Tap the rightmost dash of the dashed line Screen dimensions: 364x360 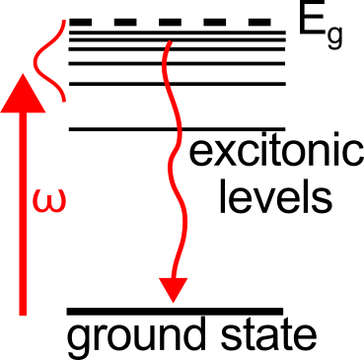(x=260, y=21)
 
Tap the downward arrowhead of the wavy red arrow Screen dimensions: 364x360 (x=174, y=288)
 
